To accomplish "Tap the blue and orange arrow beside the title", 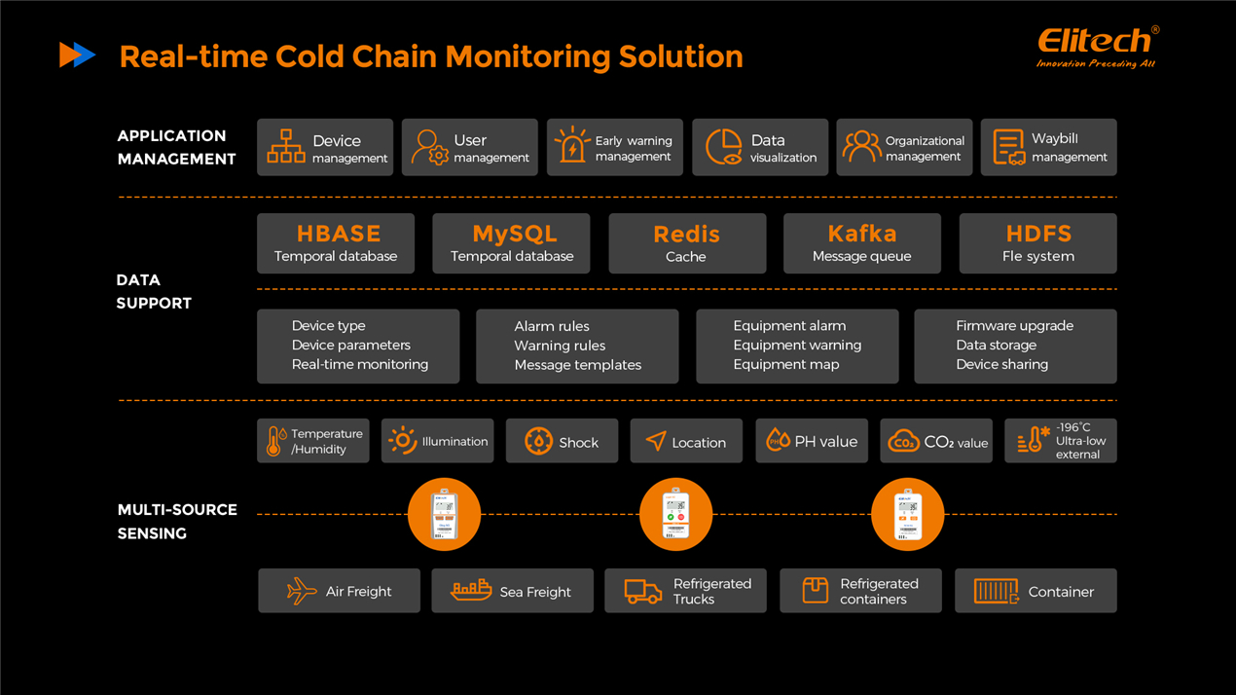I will tap(77, 55).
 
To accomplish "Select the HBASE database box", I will tap(336, 243).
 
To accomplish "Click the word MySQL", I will tap(514, 234).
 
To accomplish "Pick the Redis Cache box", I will tap(686, 243).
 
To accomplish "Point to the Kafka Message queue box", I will tap(861, 243).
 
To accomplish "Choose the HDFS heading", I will tap(1038, 234).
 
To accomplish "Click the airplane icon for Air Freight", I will tap(302, 591).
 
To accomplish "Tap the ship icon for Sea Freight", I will tap(471, 590).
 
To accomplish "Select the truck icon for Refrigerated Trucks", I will tap(642, 591).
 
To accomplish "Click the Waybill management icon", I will tap(1008, 147).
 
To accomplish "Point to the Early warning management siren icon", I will tap(572, 146).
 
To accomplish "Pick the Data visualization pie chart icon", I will tap(723, 147).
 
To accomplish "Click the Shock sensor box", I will tap(562, 442).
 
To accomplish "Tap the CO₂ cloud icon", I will tap(903, 442).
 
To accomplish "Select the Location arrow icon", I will tap(656, 442).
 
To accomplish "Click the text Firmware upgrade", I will tap(1014, 326).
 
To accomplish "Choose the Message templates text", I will tap(578, 365).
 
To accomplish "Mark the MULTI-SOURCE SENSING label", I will tap(177, 521).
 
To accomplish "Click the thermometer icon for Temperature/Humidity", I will tap(275, 442).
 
